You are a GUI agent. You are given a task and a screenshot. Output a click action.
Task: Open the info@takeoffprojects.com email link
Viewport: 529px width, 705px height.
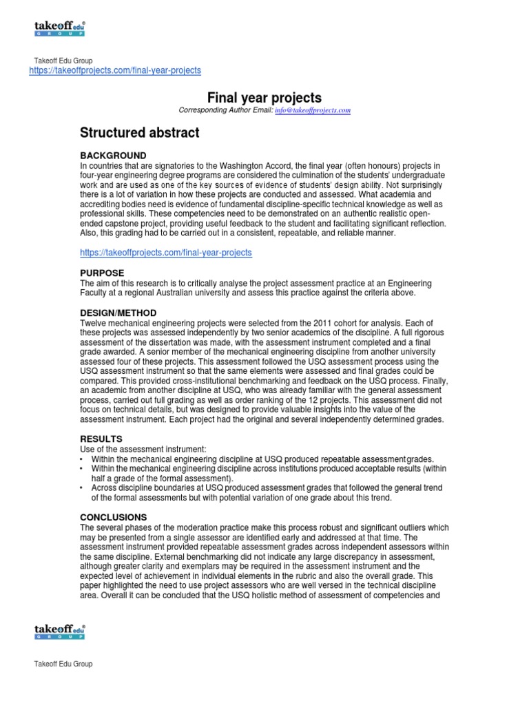[313, 110]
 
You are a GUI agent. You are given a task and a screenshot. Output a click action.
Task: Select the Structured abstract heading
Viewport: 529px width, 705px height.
[140, 133]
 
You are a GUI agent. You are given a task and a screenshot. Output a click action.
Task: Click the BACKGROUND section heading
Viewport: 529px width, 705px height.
[113, 155]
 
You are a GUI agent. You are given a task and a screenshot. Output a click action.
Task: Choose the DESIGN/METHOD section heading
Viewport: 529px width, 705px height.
[118, 313]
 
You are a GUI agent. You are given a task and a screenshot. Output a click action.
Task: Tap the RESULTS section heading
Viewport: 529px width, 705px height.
[101, 439]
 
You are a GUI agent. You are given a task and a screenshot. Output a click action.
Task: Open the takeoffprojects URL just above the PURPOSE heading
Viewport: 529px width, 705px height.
[166, 253]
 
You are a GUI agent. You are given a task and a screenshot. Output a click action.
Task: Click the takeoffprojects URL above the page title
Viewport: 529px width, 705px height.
[115, 71]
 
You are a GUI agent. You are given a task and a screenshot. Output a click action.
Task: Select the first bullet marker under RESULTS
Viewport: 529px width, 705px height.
[83, 459]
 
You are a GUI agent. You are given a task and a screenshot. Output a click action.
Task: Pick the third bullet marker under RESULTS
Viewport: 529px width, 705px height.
[83, 488]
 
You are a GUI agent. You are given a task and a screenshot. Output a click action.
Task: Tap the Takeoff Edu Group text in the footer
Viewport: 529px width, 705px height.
[63, 664]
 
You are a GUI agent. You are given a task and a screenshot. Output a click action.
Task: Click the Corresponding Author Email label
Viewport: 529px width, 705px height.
[225, 110]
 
